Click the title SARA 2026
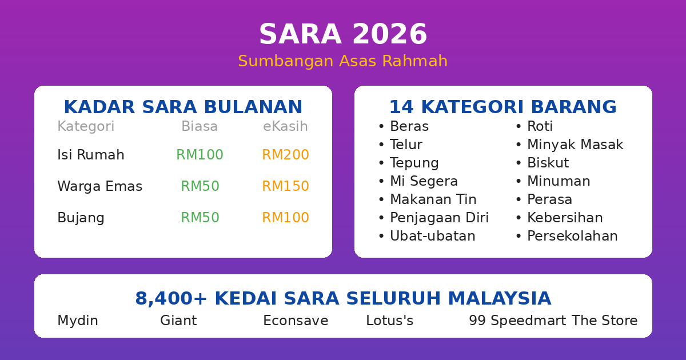tap(343, 35)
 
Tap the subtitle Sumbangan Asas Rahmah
tap(343, 61)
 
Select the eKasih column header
tap(285, 127)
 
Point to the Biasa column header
tap(200, 127)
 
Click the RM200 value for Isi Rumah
tap(285, 155)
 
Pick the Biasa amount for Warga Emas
tap(200, 186)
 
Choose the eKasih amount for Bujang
tap(285, 218)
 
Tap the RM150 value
tap(285, 186)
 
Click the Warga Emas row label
tap(99, 186)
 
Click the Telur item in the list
tap(406, 145)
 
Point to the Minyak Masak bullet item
tap(575, 145)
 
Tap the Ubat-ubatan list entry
tap(432, 236)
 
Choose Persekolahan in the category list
tap(572, 236)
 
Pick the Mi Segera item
tap(424, 181)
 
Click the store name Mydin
tap(78, 321)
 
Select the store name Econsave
tap(296, 321)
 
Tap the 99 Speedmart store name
tap(517, 321)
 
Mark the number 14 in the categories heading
tap(398, 107)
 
